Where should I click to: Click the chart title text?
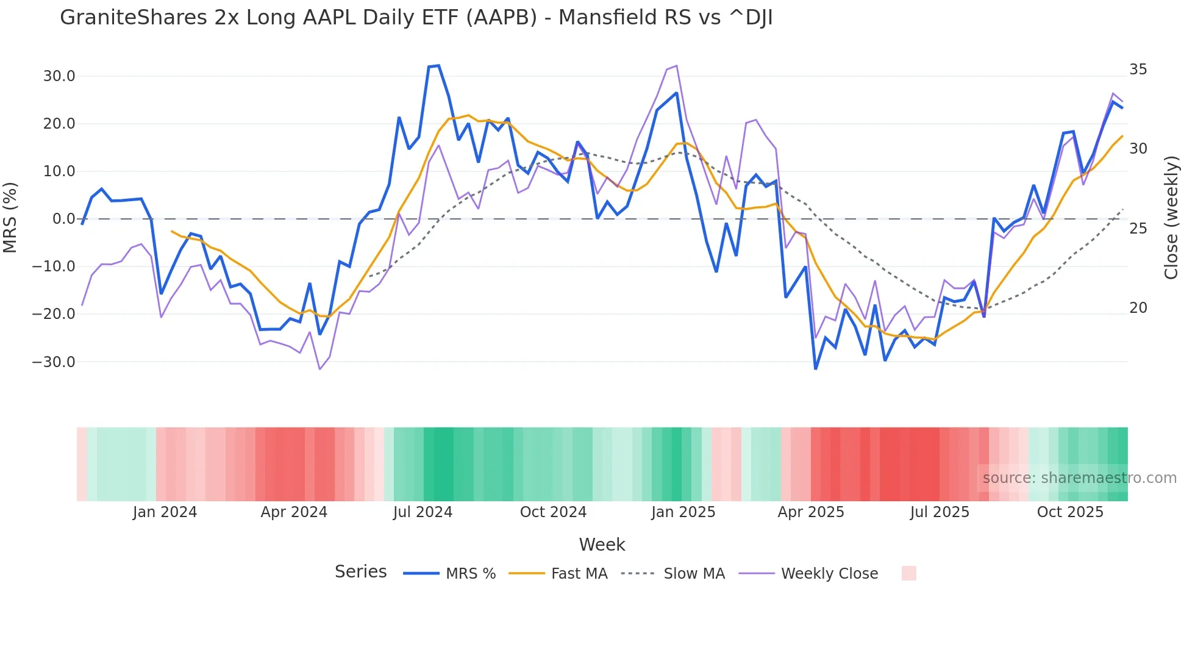tap(416, 18)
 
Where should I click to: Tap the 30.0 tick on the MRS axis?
tap(59, 76)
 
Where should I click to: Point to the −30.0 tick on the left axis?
tap(54, 362)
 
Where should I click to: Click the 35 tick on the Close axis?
tap(1138, 70)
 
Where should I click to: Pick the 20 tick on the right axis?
tap(1138, 308)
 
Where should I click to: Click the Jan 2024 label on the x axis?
tap(165, 512)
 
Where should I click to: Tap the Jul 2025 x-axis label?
tap(940, 512)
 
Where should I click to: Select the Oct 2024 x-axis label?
tap(553, 512)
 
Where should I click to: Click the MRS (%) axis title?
tap(10, 218)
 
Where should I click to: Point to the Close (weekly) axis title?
tap(1171, 218)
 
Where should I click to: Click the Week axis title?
tap(602, 545)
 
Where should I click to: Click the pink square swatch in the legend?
tap(908, 573)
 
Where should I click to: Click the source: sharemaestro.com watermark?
tap(1079, 478)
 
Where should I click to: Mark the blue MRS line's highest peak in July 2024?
tap(438, 66)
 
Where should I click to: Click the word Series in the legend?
tap(360, 572)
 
